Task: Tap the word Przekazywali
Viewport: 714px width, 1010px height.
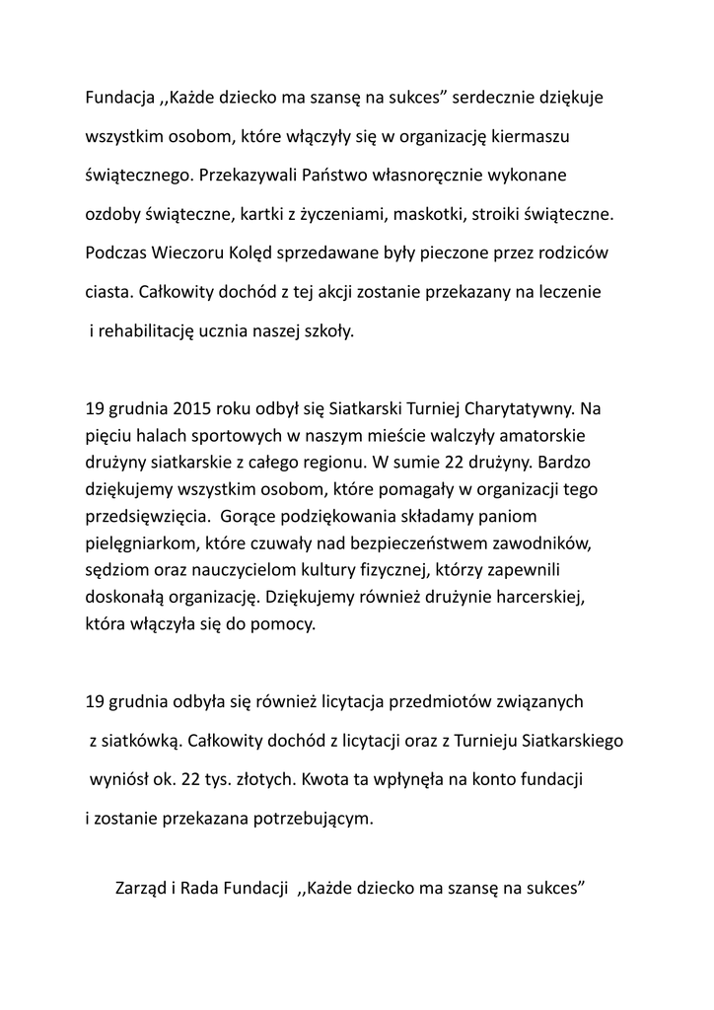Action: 244,176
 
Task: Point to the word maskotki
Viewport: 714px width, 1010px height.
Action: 437,214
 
